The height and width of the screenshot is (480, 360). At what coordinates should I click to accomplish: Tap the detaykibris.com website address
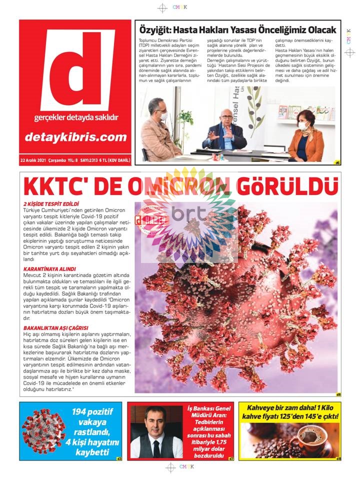click(x=75, y=136)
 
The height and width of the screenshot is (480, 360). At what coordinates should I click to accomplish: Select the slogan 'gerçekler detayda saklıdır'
click(x=76, y=118)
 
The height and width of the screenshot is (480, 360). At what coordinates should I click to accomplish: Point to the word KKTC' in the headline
click(x=54, y=187)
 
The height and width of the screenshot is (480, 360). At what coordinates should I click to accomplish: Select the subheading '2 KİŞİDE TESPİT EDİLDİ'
click(x=51, y=204)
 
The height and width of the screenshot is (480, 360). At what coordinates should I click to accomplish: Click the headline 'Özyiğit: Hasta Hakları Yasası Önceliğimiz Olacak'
click(x=237, y=30)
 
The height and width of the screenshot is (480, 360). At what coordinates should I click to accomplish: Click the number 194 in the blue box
click(x=82, y=412)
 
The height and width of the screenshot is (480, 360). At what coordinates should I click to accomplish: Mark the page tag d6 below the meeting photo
click(x=337, y=162)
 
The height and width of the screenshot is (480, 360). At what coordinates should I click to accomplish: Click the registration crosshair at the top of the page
click(x=162, y=7)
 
